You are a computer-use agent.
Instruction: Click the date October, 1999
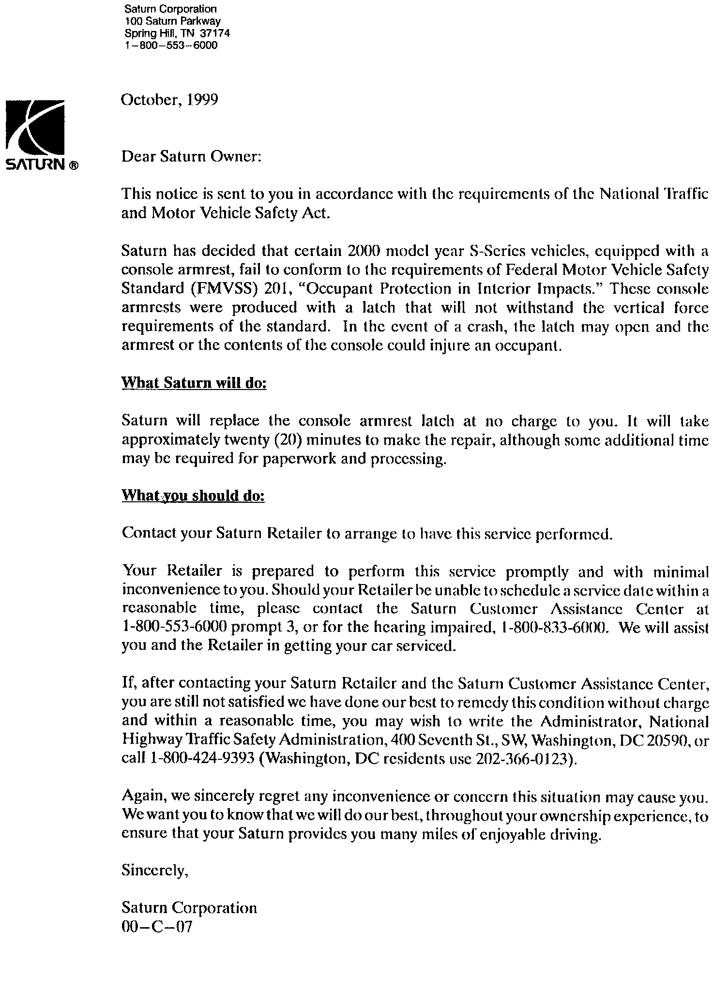[x=169, y=100]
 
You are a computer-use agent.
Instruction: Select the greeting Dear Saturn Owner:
[x=191, y=157]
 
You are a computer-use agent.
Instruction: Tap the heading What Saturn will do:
[x=194, y=383]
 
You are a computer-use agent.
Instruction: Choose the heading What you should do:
[x=193, y=496]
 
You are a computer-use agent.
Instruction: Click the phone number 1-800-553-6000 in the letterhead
[x=171, y=45]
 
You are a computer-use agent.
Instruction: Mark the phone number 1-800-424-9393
[x=203, y=758]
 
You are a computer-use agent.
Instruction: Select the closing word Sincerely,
[x=154, y=870]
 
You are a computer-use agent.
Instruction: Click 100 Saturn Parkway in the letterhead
[x=172, y=21]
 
